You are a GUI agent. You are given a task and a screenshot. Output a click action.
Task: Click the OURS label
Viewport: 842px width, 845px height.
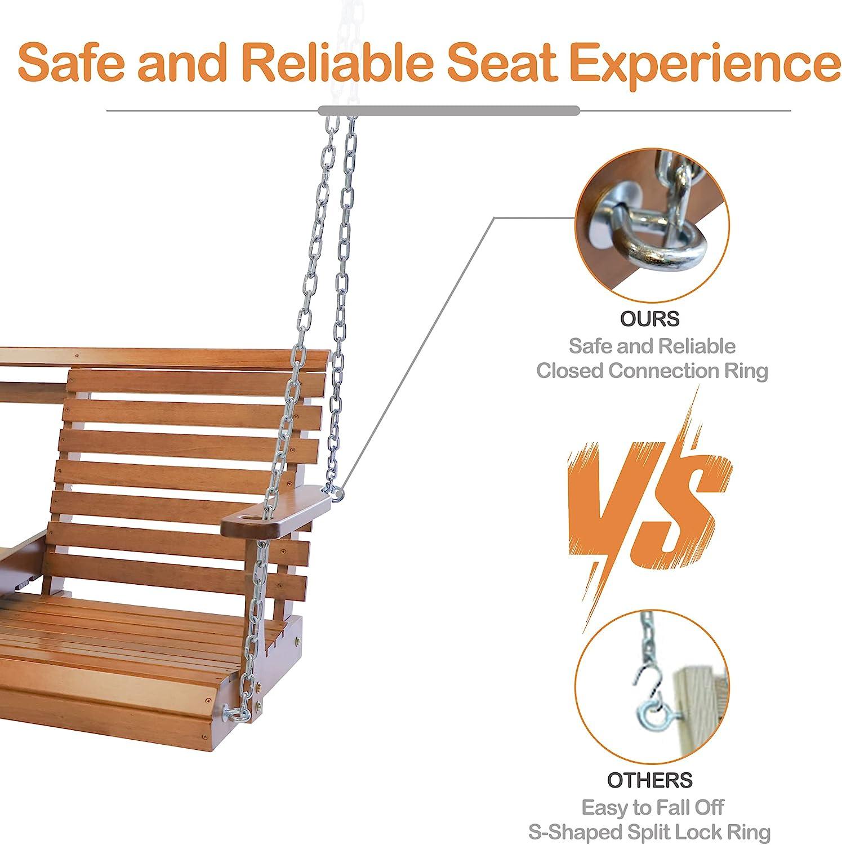(x=650, y=319)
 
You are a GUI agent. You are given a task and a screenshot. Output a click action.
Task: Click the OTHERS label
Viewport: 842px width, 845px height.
(x=650, y=780)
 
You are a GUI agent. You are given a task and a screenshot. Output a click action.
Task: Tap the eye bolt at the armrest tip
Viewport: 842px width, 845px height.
(x=337, y=494)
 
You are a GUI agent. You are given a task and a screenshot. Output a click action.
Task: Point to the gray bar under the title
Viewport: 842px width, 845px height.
(x=449, y=110)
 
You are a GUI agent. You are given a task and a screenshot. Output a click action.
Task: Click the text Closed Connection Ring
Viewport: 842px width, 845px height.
(x=652, y=371)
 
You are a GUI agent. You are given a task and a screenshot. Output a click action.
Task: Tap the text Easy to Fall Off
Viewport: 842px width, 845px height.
(x=652, y=808)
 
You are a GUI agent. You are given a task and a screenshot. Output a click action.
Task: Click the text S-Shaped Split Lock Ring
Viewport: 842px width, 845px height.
(x=649, y=832)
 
